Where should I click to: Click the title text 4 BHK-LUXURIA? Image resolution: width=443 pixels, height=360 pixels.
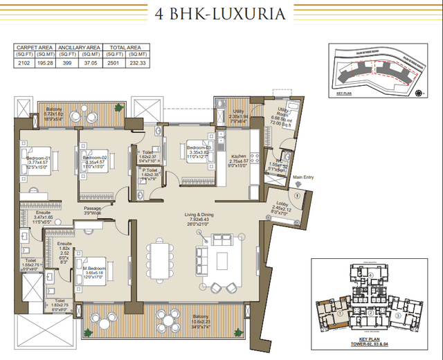tap(221, 14)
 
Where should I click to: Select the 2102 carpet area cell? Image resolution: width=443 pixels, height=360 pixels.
tap(25, 62)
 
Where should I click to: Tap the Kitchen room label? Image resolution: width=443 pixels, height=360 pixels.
tap(239, 157)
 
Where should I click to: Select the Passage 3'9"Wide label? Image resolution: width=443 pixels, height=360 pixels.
tap(93, 210)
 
